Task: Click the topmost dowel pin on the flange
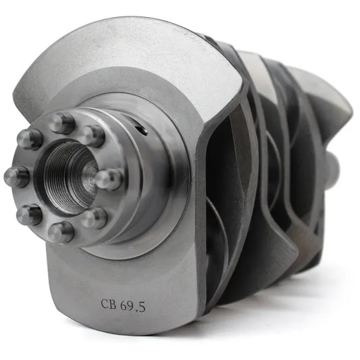point(62,123)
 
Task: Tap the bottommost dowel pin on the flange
point(60,232)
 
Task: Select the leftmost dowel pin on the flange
point(17,177)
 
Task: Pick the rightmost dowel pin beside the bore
point(107,179)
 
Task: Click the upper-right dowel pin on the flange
point(92,135)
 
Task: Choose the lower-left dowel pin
point(29,215)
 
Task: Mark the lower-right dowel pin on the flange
point(95,217)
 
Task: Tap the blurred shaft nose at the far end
point(332,165)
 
